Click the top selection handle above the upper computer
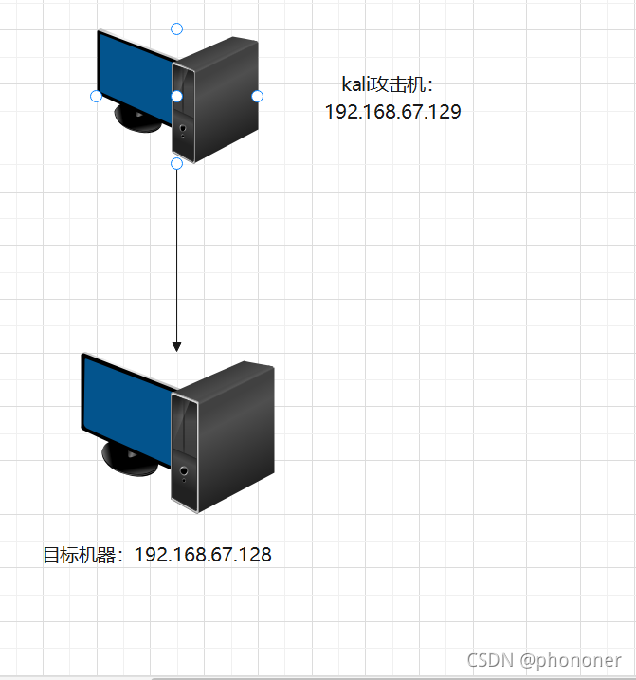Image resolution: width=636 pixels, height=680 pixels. pos(176,28)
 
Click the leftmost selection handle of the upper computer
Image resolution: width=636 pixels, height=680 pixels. pos(96,96)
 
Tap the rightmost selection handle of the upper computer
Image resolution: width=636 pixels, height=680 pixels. pos(257,96)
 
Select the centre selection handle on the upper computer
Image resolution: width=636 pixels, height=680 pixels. pos(176,96)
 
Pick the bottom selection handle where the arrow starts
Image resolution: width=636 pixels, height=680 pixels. pos(176,164)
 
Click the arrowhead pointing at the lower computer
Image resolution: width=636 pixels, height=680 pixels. pos(176,346)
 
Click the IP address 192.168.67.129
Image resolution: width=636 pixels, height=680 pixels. pos(392,112)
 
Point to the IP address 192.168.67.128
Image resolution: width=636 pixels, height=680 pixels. pos(203,555)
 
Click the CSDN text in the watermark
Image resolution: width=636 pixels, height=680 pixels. pos(490,660)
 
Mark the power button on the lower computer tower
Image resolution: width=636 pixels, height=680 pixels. pos(183,469)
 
